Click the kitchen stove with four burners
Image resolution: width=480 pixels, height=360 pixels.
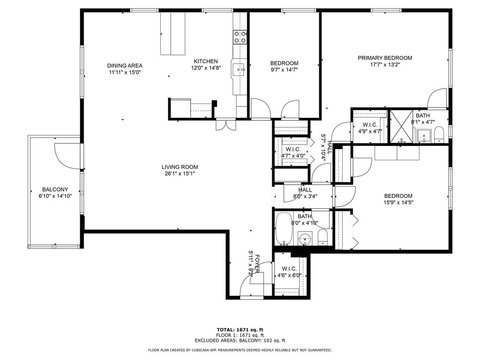(x=240, y=37)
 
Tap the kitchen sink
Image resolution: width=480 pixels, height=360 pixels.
(x=238, y=70)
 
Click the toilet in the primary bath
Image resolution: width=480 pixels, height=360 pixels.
(x=439, y=136)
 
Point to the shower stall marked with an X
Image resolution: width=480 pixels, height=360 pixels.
(x=401, y=126)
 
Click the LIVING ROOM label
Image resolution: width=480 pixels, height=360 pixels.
(x=180, y=167)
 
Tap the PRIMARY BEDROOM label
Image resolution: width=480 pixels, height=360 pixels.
(x=385, y=58)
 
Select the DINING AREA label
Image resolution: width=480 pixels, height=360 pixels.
(x=124, y=65)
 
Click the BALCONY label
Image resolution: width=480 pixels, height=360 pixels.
(x=55, y=189)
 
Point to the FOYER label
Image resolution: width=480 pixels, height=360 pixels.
(x=257, y=264)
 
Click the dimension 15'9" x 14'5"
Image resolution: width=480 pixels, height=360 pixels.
(x=398, y=202)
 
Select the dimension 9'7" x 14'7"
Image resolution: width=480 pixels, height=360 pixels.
(x=284, y=70)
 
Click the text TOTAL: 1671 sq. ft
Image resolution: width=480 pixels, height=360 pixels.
(x=240, y=330)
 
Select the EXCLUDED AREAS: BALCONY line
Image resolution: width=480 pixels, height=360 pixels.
(x=240, y=340)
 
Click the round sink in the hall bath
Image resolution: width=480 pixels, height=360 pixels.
(x=305, y=238)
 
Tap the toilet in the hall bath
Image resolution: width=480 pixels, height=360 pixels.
(x=323, y=238)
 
